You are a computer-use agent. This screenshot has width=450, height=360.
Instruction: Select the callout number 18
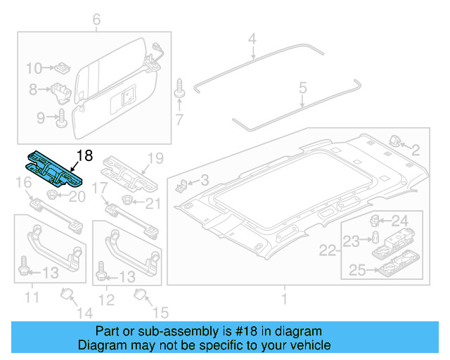coord(84,155)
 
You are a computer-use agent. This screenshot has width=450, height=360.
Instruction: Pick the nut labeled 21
coord(130,203)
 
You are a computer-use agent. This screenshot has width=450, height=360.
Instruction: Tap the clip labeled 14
coord(67,292)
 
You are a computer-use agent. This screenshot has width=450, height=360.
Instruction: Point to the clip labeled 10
coord(61,68)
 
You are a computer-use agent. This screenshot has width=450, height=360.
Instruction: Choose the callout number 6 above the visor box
coord(96,20)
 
